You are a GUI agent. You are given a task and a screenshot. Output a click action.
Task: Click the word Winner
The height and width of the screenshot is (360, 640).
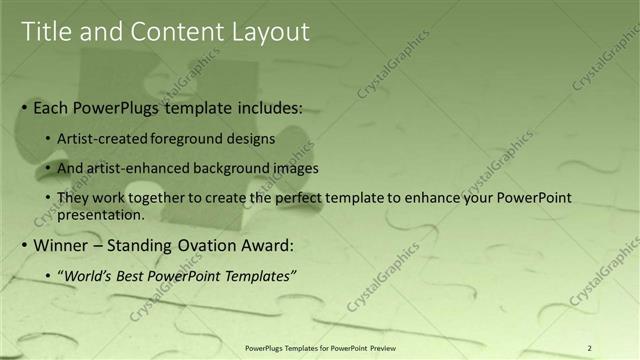(x=64, y=245)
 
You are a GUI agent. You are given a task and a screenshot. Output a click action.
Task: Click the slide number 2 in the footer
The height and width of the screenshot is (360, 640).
(x=590, y=347)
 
